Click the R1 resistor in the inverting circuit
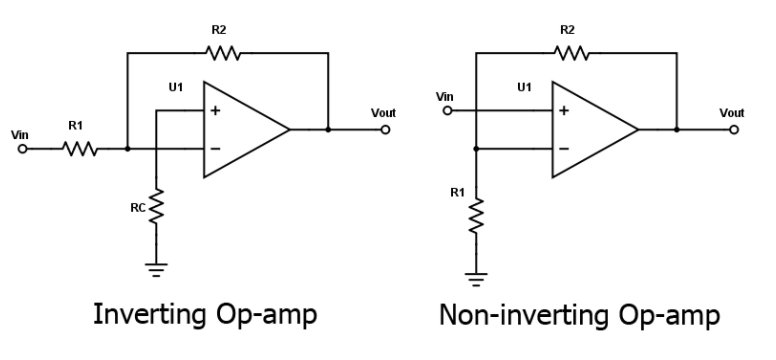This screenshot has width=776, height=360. [78, 149]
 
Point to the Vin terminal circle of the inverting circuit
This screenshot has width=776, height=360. [23, 149]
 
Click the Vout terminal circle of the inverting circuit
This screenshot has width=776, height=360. [384, 130]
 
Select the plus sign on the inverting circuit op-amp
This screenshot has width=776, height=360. [215, 110]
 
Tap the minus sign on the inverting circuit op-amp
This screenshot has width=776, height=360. [215, 149]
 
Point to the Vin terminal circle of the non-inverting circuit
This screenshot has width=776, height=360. [447, 110]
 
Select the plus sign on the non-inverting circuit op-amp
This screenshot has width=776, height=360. [563, 110]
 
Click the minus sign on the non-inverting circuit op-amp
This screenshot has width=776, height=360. [563, 149]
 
